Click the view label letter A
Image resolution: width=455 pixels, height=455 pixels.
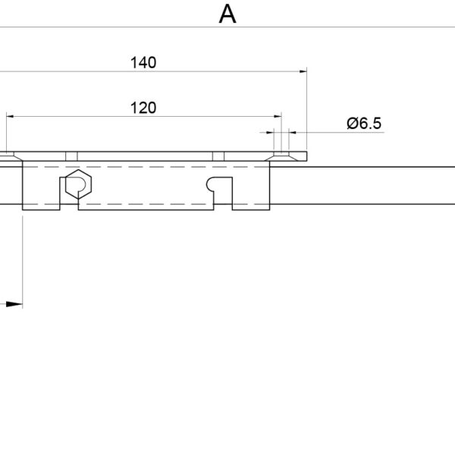(227, 14)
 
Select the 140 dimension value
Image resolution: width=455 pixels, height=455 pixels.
(143, 63)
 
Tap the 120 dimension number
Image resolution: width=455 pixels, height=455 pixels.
(143, 108)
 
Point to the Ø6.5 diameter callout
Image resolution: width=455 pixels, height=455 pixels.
(364, 124)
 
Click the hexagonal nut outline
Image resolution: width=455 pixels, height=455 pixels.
(78, 184)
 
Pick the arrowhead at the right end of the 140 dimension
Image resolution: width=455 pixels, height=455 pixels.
(303, 71)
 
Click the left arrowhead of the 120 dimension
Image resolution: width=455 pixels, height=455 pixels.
(10, 116)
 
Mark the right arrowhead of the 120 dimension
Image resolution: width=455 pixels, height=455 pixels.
(278, 116)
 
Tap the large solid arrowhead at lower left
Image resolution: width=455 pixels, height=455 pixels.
(14, 304)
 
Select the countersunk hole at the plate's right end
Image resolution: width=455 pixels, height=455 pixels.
(281, 156)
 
